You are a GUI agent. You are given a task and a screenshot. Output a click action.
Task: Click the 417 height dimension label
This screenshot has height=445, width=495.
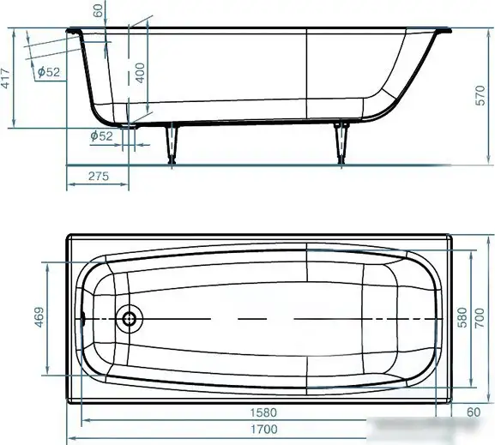point(6,78)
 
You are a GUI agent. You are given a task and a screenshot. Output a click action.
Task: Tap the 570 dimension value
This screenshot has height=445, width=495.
point(480,95)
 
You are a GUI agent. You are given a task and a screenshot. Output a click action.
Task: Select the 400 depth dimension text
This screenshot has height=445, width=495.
point(140,73)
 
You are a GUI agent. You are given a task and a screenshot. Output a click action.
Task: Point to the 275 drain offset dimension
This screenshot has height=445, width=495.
point(99,176)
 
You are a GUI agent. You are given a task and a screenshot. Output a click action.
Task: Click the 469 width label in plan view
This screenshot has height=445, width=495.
point(39,317)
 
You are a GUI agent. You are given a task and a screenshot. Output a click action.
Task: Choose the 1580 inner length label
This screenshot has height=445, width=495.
point(263,412)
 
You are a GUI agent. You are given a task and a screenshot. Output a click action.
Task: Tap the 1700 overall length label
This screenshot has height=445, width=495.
point(264,430)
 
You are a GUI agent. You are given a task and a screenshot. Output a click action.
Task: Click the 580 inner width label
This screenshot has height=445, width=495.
point(462,317)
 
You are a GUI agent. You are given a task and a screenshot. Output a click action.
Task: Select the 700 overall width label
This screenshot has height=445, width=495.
point(480,317)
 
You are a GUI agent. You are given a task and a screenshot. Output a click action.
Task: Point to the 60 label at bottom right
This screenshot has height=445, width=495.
point(474,412)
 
